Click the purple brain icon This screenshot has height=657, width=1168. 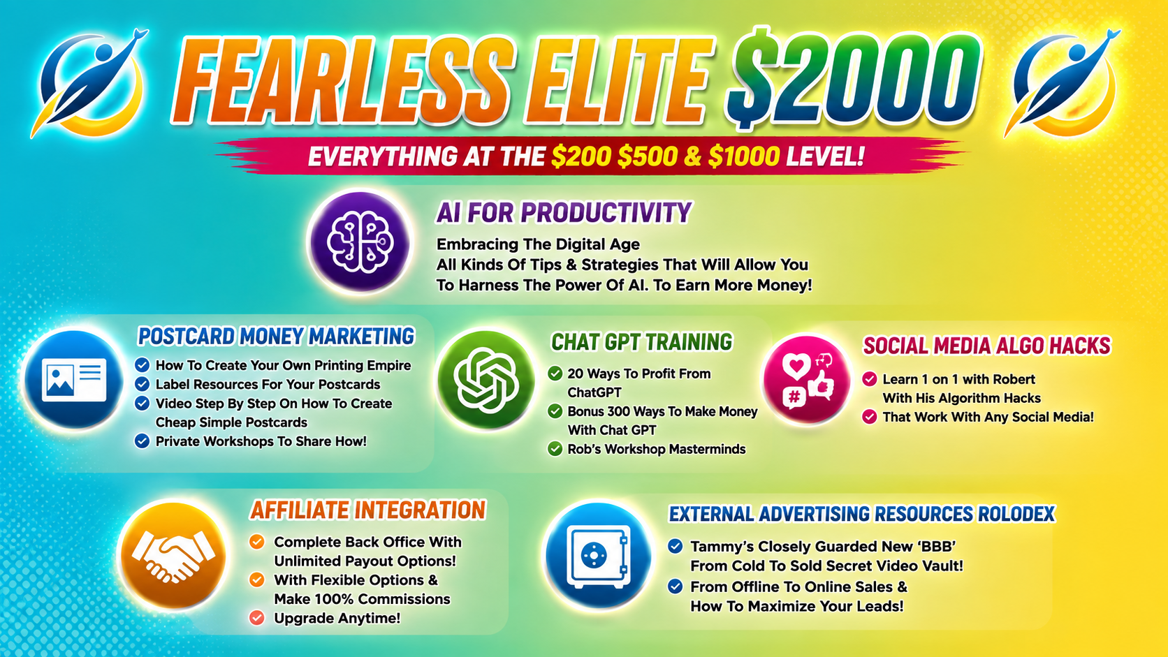coord(360,242)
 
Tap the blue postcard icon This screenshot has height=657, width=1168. coord(73,379)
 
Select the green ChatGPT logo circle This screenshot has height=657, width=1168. coord(486,379)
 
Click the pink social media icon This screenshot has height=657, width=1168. coord(807,379)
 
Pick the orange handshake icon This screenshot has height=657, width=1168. coord(173,555)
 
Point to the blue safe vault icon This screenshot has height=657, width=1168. coord(598,555)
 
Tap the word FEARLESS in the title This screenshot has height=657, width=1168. coord(342,81)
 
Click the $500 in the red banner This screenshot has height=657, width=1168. coord(648,156)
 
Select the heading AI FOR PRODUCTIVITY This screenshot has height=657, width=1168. coord(564,212)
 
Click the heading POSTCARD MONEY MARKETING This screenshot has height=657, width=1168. coord(276,336)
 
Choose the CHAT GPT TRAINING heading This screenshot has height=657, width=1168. coord(642,342)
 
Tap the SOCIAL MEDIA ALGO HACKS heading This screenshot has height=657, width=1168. coord(986,346)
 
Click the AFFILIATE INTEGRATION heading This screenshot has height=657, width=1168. coord(367,510)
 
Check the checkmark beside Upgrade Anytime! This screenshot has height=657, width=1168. coord(256,618)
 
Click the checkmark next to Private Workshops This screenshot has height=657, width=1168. coord(142,441)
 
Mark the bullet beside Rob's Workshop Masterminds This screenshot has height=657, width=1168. coord(555,449)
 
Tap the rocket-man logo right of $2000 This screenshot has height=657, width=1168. coord(1062,83)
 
